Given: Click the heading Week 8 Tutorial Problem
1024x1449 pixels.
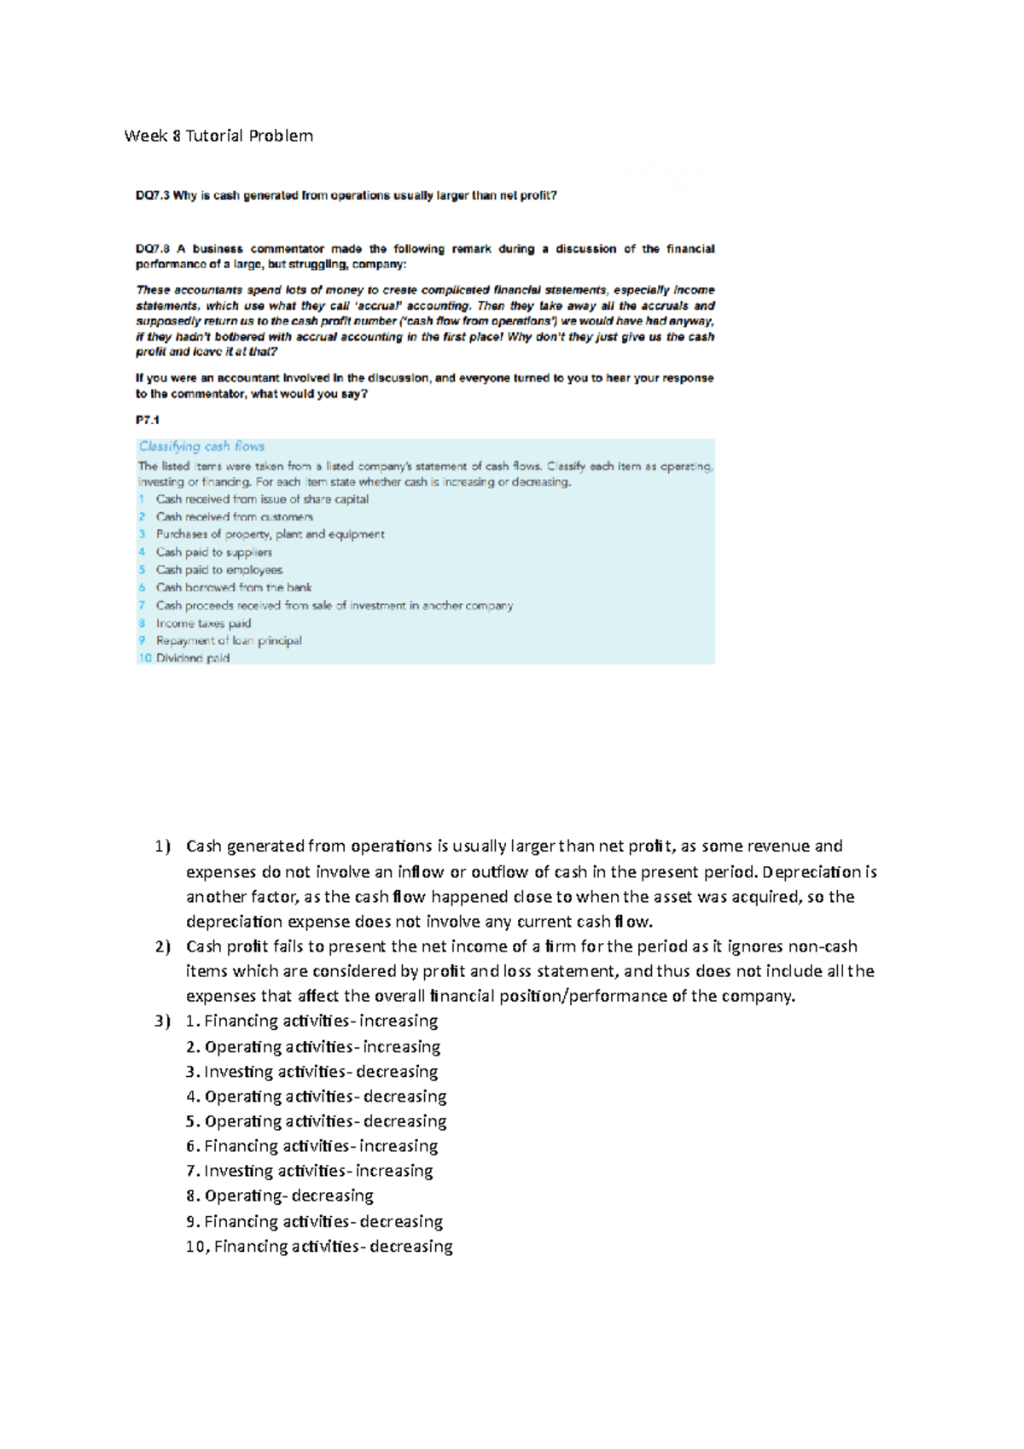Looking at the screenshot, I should pos(218,136).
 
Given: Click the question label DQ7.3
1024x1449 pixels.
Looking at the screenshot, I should pos(153,195).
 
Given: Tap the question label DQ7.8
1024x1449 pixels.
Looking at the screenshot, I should pos(153,249).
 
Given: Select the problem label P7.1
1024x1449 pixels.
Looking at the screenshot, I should pos(148,420).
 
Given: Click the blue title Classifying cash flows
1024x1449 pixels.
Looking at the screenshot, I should pos(201,446).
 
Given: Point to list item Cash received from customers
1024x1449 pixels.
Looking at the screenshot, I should pos(234,517).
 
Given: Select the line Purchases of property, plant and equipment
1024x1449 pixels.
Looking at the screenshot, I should pos(270,534).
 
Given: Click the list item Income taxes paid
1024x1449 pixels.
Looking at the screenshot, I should pos(203,624).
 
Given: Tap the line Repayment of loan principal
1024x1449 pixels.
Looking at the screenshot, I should pos(229,641).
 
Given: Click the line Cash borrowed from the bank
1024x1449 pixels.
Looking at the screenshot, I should pos(233,588).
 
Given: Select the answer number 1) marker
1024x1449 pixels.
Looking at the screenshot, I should pos(162,847).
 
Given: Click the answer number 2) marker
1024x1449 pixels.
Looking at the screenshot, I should pos(162,946).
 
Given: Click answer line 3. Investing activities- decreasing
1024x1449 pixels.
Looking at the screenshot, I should pos(311,1072).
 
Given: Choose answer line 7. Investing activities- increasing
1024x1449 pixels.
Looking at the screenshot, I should pos(309,1171).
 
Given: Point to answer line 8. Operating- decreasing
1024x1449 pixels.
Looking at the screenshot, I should pos(280,1196).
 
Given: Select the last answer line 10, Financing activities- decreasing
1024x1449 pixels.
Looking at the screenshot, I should pos(319,1247).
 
